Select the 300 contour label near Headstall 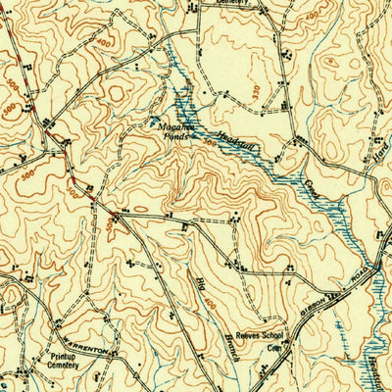pos(208,144)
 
